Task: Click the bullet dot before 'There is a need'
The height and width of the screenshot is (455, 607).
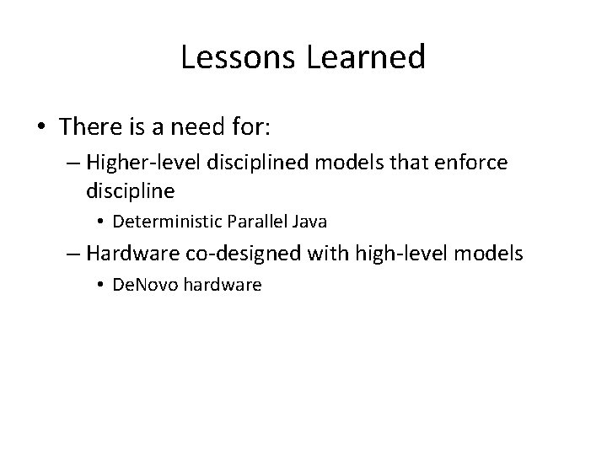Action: [41, 127]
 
